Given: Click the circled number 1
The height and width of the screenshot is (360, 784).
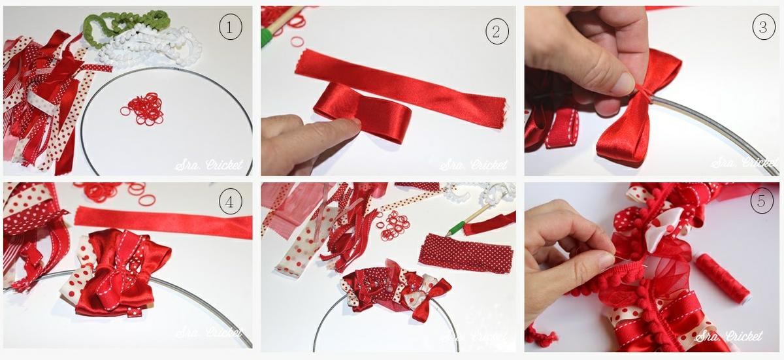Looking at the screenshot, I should click(x=230, y=27).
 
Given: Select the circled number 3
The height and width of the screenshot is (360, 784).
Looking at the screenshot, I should click(x=761, y=27).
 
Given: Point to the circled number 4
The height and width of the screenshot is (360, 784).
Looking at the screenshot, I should click(x=230, y=203).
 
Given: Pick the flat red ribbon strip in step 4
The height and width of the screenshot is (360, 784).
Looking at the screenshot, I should click(x=163, y=223).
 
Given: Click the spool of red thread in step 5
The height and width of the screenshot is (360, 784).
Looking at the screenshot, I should click(x=722, y=278).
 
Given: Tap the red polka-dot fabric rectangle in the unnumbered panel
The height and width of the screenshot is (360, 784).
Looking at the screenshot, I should click(x=465, y=253).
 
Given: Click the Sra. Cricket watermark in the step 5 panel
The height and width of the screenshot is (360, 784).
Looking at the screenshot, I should click(x=728, y=336).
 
